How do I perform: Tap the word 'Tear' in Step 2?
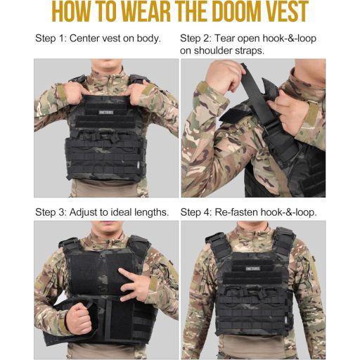229,37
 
